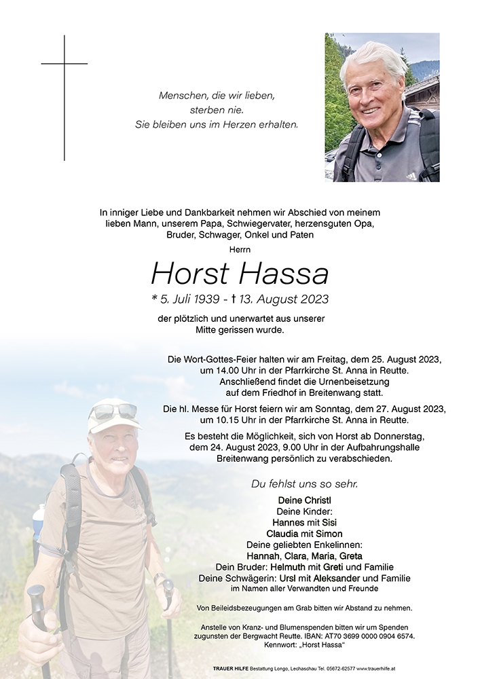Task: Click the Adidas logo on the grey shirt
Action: tap(411, 176)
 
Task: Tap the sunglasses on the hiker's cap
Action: tap(113, 411)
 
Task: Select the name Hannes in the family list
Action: tap(288, 522)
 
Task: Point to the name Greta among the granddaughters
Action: tap(351, 555)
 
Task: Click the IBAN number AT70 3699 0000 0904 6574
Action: tap(367, 636)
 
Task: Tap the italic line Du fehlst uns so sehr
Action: tap(304, 483)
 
